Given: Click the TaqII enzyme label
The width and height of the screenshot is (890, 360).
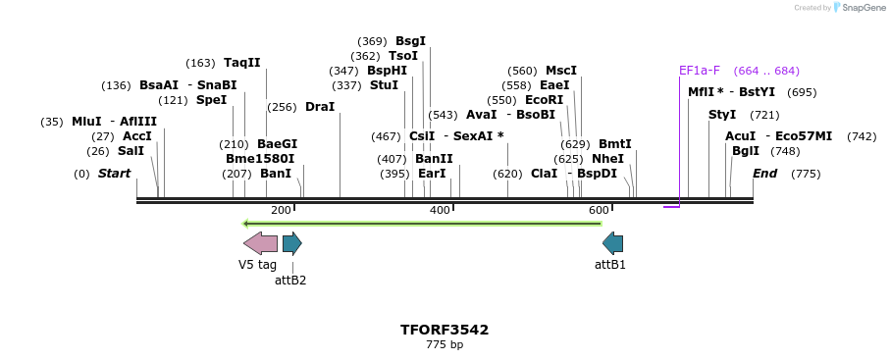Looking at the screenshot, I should pyautogui.click(x=241, y=63).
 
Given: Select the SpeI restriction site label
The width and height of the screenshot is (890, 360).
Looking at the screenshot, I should pyautogui.click(x=211, y=100).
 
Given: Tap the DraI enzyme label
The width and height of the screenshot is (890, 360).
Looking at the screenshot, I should pyautogui.click(x=320, y=107).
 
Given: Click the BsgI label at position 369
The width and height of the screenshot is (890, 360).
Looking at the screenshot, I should pyautogui.click(x=410, y=41).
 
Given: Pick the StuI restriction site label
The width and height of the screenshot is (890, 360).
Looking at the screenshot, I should pyautogui.click(x=384, y=85).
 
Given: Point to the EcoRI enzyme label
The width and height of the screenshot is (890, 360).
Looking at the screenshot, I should pyautogui.click(x=544, y=100).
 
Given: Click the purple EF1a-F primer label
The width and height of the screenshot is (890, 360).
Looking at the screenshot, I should pyautogui.click(x=700, y=71).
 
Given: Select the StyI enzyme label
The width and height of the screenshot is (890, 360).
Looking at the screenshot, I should pyautogui.click(x=722, y=115).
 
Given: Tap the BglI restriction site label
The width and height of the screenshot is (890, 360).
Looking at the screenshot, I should pyautogui.click(x=745, y=151).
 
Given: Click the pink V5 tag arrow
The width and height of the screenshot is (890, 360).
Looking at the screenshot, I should pyautogui.click(x=260, y=243).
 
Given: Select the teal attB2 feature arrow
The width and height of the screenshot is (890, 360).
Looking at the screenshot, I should pyautogui.click(x=291, y=243).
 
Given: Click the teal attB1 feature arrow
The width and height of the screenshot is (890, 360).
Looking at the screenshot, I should pyautogui.click(x=612, y=243).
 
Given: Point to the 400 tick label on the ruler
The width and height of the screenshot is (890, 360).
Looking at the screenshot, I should pyautogui.click(x=440, y=211).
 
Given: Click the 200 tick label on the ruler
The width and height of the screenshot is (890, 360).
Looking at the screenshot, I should pyautogui.click(x=281, y=211).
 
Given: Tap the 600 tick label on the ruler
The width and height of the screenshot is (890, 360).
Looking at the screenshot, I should pyautogui.click(x=599, y=211).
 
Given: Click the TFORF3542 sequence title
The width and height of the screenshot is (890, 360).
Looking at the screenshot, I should pyautogui.click(x=445, y=330).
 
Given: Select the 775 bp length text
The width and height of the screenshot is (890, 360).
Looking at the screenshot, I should pyautogui.click(x=445, y=345).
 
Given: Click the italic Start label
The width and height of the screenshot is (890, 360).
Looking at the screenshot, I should pyautogui.click(x=114, y=174).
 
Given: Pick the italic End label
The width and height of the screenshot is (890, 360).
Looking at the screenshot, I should pyautogui.click(x=764, y=174).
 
